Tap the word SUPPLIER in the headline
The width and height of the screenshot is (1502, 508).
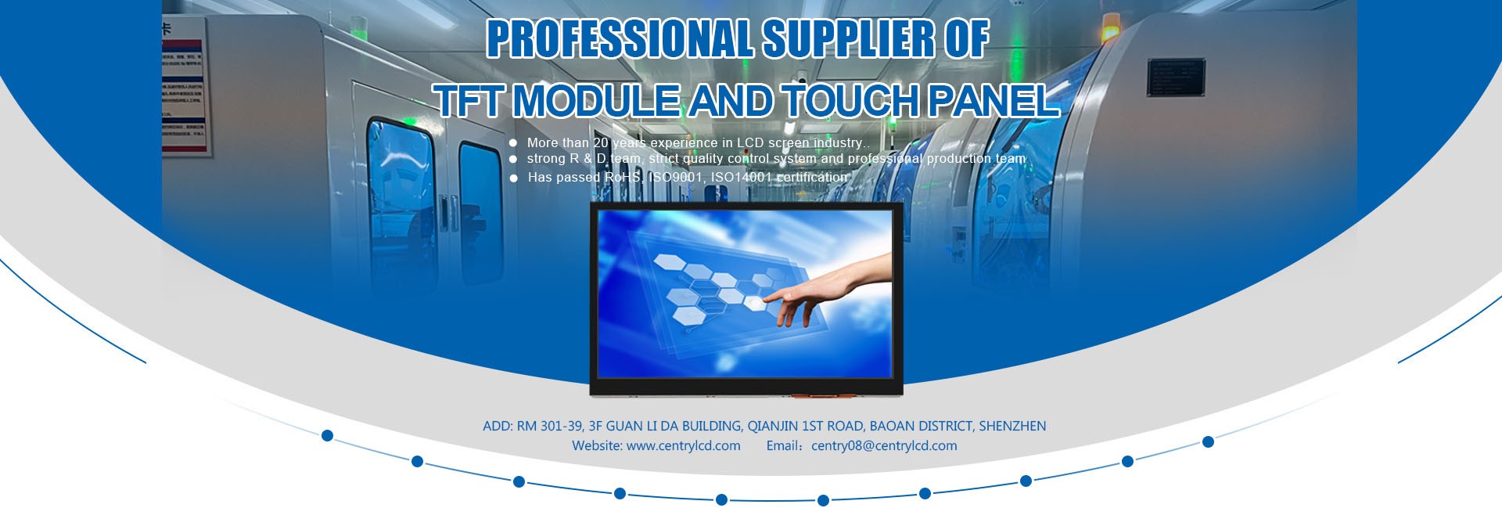(849, 38)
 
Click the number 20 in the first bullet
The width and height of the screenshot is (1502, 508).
(601, 142)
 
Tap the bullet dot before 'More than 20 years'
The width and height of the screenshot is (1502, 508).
(513, 143)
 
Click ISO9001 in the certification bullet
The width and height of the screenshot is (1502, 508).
(676, 178)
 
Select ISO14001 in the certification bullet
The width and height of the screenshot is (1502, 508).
(741, 178)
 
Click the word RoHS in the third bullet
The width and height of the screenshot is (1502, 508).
(623, 178)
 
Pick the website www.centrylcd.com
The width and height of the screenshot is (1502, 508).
(684, 445)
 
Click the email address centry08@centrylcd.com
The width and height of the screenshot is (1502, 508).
(884, 445)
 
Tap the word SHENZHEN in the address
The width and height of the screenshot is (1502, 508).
(1012, 426)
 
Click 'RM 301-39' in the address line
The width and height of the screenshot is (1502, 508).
(550, 426)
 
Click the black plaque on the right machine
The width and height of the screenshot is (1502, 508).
(1176, 77)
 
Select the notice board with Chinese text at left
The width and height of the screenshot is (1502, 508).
(185, 86)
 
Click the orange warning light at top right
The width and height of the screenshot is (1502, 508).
(1111, 32)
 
